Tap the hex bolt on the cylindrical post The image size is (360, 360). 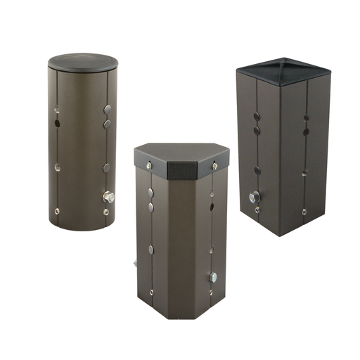tap(108, 198)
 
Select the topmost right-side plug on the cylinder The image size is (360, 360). tap(107, 110)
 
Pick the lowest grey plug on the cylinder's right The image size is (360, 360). tap(107, 168)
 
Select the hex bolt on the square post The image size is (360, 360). tap(254, 197)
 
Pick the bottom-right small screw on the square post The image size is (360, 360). tap(304, 211)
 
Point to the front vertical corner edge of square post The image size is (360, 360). tap(281, 155)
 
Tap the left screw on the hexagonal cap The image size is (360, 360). tap(149, 165)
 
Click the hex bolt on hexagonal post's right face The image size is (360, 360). tap(213, 277)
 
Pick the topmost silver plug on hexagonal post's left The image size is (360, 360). tap(150, 192)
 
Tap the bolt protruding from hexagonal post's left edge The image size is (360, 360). tap(133, 265)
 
